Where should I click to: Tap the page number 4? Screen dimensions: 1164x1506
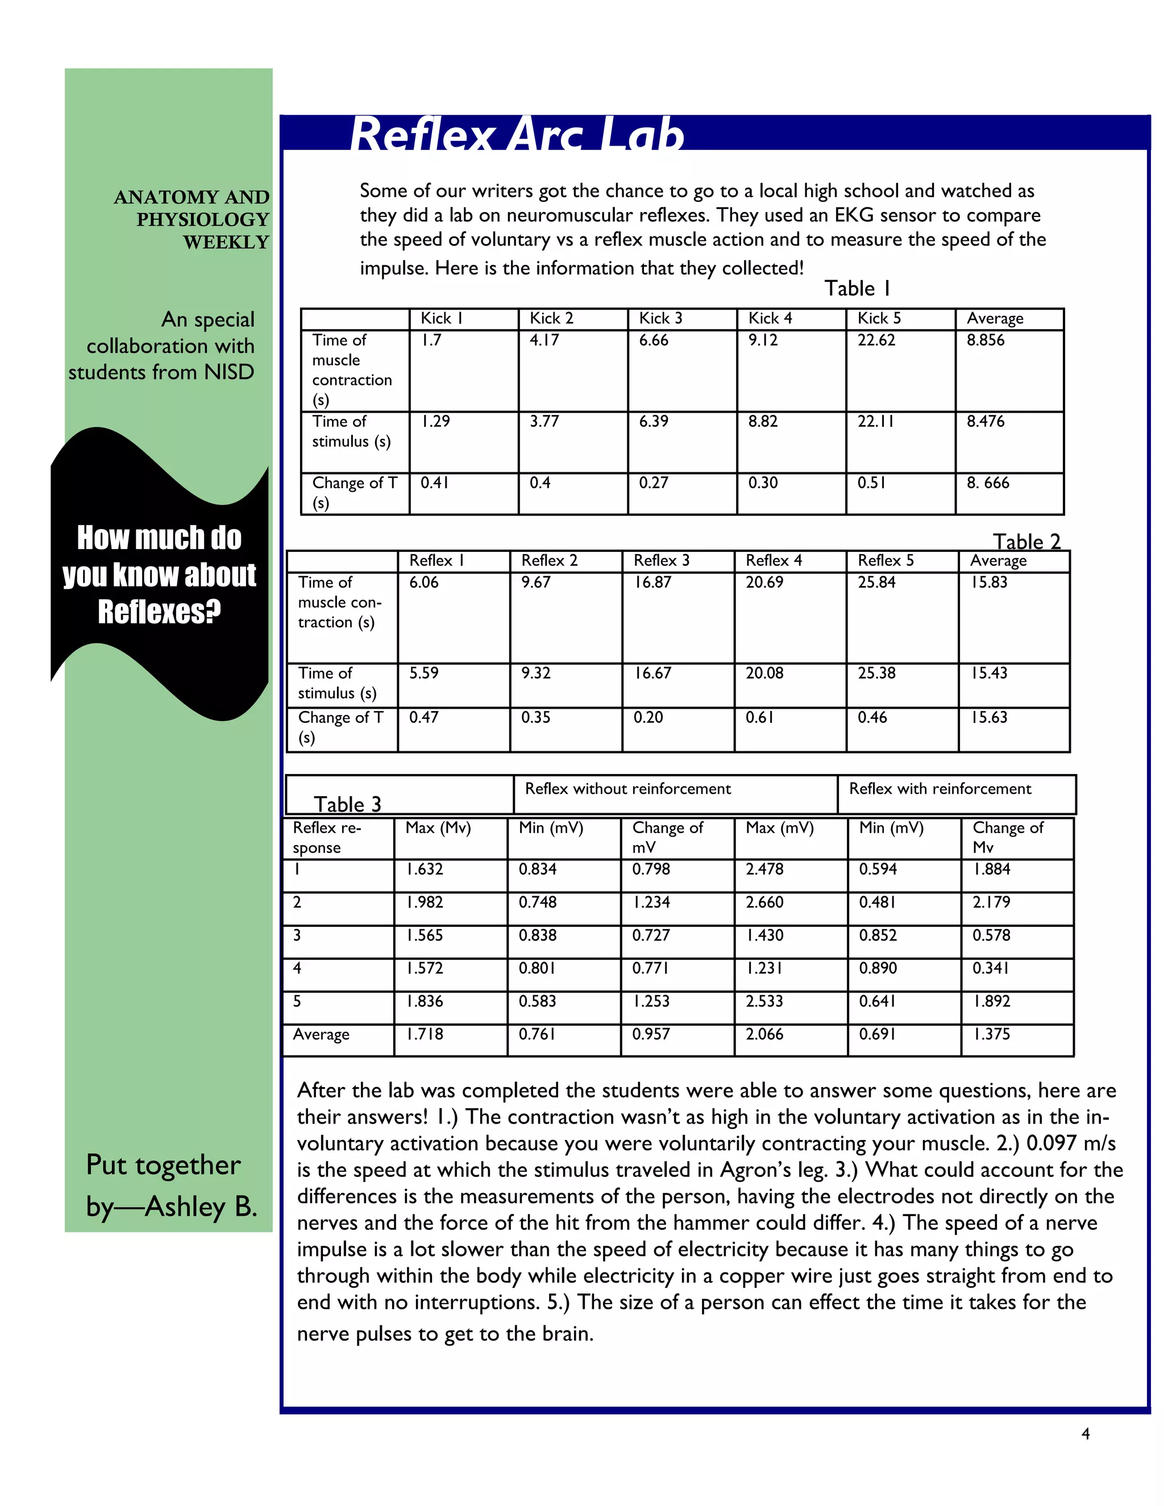(1086, 1434)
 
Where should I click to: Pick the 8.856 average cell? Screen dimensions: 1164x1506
(986, 340)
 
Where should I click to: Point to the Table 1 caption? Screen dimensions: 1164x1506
(857, 288)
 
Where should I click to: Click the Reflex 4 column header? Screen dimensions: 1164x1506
(774, 560)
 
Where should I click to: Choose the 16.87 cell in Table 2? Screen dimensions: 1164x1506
(653, 582)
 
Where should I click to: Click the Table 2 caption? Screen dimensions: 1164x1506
(1026, 541)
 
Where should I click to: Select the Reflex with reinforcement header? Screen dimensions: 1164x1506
(940, 788)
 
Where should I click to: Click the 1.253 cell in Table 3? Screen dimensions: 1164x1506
(651, 1001)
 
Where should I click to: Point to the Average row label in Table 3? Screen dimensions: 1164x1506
(321, 1034)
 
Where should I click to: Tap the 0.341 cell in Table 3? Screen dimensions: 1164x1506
(991, 968)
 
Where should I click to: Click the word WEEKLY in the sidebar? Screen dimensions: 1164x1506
(226, 242)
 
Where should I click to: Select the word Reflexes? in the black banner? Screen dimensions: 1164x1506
(159, 611)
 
